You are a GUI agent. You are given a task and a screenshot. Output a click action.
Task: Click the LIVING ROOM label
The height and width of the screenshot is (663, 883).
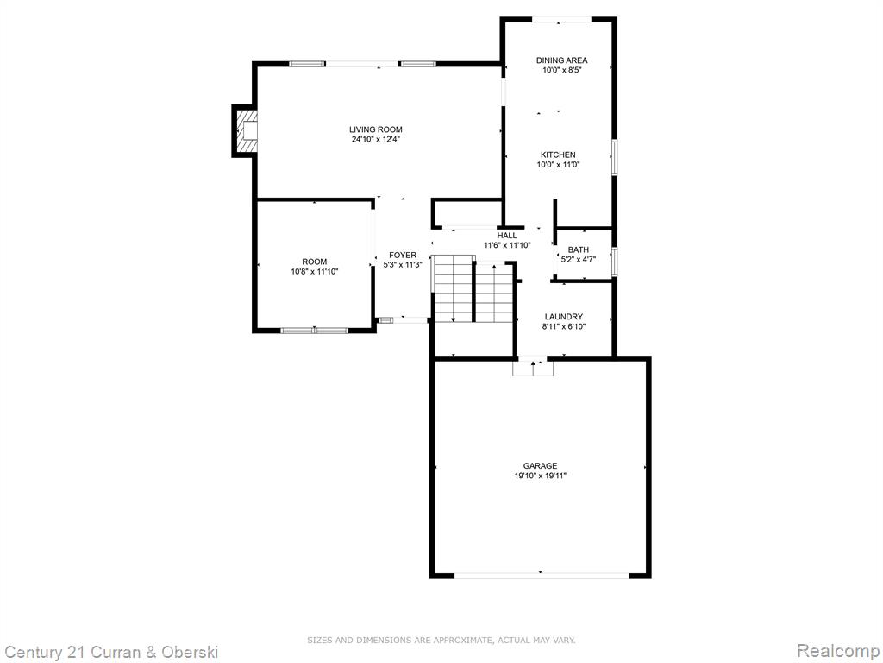(376, 129)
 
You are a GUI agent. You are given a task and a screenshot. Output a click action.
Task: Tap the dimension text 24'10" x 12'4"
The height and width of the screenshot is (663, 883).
(376, 139)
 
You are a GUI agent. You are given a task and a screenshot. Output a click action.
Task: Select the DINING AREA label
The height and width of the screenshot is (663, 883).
(561, 60)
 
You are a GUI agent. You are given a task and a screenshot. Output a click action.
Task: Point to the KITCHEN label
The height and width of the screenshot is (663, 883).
(558, 155)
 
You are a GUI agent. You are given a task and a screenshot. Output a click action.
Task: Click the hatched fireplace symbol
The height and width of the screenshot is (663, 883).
(246, 131)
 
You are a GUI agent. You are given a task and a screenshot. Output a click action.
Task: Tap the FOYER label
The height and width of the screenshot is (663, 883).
(403, 256)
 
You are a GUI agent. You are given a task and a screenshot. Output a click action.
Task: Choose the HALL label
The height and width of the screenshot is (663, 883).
(507, 236)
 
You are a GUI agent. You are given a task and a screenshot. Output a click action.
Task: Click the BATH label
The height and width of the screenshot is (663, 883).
(579, 249)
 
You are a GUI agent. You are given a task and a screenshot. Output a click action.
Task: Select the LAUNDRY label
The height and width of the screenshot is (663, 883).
(564, 317)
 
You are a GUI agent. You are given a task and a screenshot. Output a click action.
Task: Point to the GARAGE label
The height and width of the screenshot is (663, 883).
(540, 465)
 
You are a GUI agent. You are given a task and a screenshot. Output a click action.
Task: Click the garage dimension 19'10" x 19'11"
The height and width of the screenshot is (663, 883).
(540, 476)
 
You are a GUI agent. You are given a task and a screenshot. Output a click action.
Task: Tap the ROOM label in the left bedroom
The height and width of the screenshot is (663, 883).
(314, 262)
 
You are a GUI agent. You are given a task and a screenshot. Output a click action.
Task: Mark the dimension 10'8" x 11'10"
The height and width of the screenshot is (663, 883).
(314, 272)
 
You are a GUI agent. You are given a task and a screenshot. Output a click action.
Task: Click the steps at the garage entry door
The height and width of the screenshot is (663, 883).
(533, 367)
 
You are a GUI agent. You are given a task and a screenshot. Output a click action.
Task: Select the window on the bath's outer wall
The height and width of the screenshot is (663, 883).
(614, 262)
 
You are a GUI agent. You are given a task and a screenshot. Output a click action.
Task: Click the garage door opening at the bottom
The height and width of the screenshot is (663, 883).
(542, 576)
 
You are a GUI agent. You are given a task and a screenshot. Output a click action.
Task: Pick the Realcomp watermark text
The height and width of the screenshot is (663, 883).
(838, 651)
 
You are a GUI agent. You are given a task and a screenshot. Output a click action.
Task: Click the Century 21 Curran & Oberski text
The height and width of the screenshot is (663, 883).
(110, 653)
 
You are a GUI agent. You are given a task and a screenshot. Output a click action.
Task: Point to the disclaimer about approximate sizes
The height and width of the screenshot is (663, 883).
(441, 640)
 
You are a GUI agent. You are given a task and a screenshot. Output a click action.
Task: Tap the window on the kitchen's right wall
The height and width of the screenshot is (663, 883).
(614, 155)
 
